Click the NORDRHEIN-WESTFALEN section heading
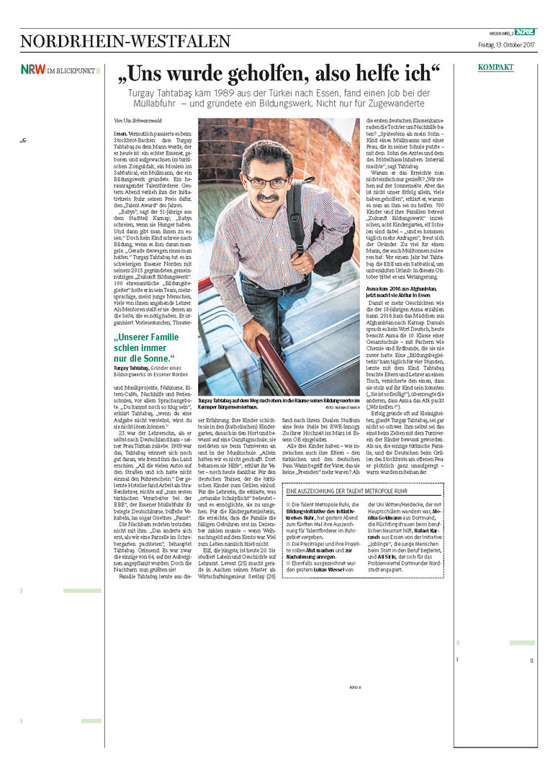[x=125, y=41]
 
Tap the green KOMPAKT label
[x=496, y=68]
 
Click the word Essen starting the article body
[x=120, y=135]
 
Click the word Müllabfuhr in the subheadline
[x=158, y=104]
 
